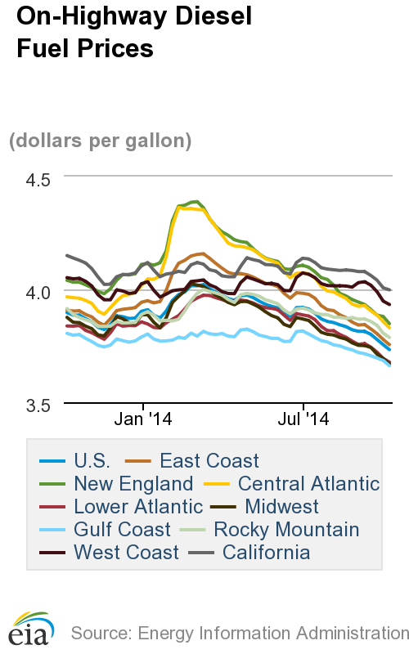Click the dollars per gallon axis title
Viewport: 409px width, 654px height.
click(100, 141)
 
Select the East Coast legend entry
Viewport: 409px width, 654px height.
click(209, 460)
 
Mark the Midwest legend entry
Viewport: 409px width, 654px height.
click(281, 506)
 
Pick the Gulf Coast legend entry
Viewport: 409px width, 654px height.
click(122, 529)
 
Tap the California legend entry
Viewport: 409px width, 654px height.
click(267, 552)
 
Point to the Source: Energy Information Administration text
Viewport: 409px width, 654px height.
click(239, 632)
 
